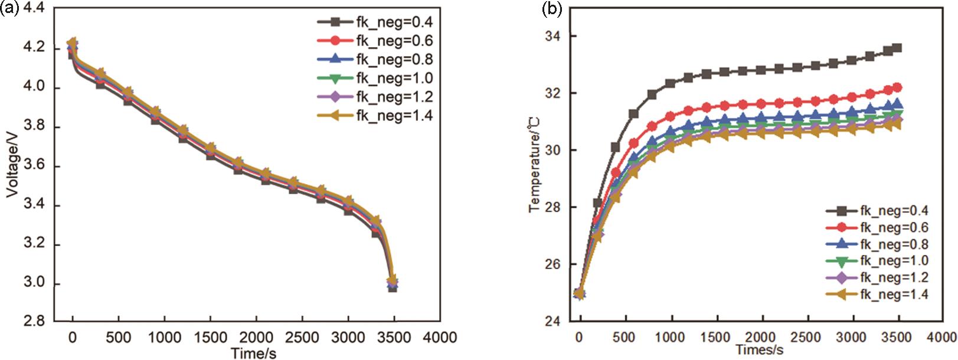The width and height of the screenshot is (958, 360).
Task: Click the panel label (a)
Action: pyautogui.click(x=10, y=9)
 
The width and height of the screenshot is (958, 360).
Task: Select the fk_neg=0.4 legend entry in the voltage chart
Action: pyautogui.click(x=375, y=22)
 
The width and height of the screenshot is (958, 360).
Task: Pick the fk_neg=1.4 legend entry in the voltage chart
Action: pyautogui.click(x=375, y=116)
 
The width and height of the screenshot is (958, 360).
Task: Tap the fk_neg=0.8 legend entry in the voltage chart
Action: pyautogui.click(x=375, y=60)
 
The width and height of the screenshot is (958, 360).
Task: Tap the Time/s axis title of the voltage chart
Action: pyautogui.click(x=254, y=352)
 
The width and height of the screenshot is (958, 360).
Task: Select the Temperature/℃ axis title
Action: pyautogui.click(x=534, y=163)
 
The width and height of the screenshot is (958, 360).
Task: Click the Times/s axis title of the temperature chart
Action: pyautogui.click(x=760, y=350)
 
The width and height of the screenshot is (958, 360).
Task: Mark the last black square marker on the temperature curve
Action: pyautogui.click(x=897, y=48)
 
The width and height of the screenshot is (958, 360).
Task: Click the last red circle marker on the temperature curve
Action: pyautogui.click(x=897, y=87)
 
